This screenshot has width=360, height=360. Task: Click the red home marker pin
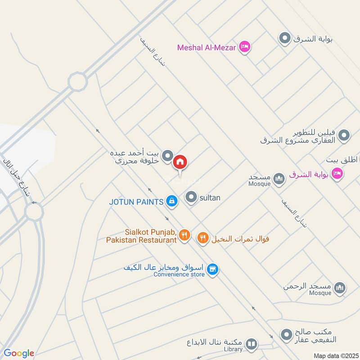pos(180,162)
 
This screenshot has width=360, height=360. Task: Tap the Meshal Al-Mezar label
pos(207,47)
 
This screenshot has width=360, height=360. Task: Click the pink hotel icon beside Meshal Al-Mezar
pos(244,46)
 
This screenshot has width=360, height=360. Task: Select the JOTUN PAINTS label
pos(136,202)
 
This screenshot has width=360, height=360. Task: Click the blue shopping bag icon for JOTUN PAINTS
pos(171,201)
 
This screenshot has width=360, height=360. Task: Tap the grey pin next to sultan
pos(192,197)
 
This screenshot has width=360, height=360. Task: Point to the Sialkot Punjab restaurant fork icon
pos(184,234)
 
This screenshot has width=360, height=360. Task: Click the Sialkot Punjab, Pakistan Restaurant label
pos(142,236)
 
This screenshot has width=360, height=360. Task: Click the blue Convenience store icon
pos(213,269)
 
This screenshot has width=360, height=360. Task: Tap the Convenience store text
pos(179,274)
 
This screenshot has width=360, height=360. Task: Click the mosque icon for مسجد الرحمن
pos(340,287)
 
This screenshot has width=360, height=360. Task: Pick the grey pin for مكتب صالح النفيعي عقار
pos(286,334)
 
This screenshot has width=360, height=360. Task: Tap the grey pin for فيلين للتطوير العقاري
pos(344,135)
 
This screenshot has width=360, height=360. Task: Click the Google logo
pos(18,353)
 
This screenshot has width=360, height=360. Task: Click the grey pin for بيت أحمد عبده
pos(167,156)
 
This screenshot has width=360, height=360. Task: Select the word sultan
pos(210,197)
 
